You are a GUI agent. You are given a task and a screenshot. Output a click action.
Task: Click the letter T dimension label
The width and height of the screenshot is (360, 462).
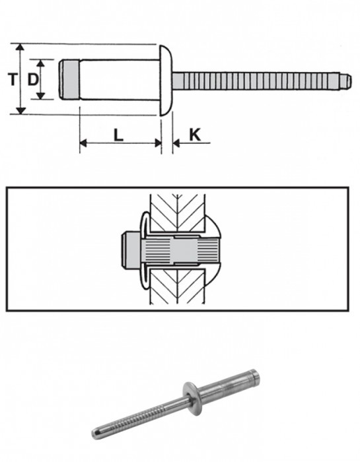12,80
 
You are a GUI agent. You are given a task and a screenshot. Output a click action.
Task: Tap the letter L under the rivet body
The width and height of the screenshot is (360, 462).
118,135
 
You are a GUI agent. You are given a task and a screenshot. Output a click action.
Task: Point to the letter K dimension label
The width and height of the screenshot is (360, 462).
195,135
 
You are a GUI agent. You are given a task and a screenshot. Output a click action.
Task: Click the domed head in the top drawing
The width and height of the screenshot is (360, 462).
166,80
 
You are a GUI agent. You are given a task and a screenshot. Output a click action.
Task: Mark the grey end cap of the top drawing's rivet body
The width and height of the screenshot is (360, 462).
67,80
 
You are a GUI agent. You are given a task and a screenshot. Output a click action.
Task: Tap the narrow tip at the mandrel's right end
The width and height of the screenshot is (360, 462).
344,80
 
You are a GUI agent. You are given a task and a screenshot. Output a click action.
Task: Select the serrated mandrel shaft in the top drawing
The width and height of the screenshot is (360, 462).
258,80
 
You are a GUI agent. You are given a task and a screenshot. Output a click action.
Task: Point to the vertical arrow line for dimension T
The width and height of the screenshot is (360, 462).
22,80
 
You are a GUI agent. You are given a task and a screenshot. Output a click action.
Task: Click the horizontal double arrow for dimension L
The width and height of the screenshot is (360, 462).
120,143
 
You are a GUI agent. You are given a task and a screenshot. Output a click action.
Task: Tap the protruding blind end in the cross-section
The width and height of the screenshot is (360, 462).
132,251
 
